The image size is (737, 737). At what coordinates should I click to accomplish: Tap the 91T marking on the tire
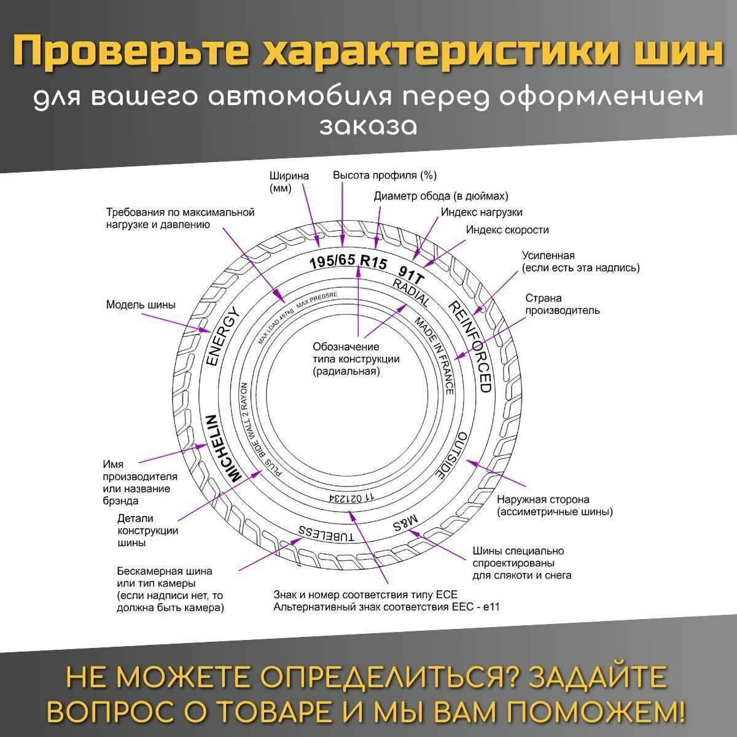pos(411,273)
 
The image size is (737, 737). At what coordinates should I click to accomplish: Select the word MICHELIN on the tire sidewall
pos(222,448)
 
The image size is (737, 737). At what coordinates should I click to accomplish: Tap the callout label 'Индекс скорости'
pos(507,230)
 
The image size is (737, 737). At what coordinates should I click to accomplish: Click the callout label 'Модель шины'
pos(141,305)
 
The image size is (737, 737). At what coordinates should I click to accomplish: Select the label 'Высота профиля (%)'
pos(384,176)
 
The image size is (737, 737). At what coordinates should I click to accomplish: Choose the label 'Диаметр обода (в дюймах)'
pos(441,197)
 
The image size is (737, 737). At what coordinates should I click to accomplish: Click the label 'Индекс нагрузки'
pos(482,213)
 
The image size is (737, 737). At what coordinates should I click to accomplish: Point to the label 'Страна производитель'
pos(561,304)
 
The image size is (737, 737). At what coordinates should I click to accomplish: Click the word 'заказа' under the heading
pos(368,125)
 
